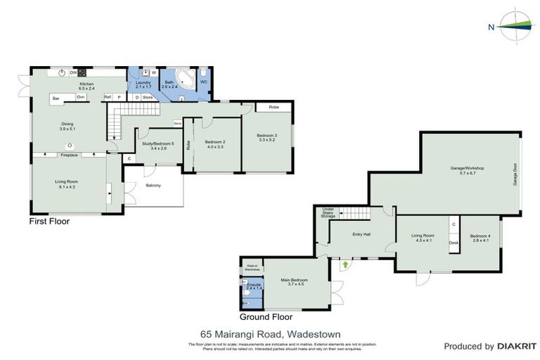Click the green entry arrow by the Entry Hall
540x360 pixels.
(x=345, y=265)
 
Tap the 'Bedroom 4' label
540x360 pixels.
(x=480, y=236)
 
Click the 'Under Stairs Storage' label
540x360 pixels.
(x=328, y=212)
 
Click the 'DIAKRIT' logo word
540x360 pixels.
(x=517, y=347)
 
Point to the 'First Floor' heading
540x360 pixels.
(x=49, y=221)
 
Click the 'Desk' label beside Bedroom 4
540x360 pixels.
(x=454, y=243)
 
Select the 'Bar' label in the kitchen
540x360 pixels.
(x=56, y=98)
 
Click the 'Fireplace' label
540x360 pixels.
(x=69, y=155)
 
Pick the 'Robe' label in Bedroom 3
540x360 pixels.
(x=274, y=108)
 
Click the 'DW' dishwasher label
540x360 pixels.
(x=73, y=72)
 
